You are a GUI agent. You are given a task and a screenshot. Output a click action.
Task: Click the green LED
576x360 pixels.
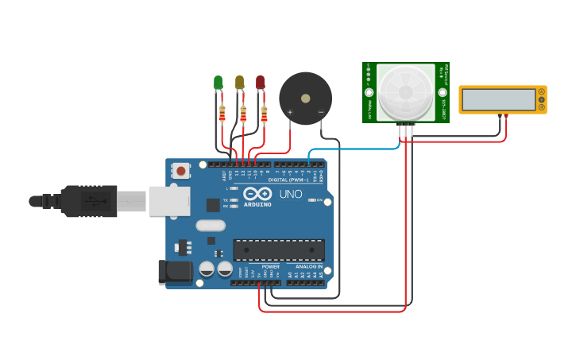tap(218, 82)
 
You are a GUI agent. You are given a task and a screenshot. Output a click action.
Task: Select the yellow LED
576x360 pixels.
tap(239, 82)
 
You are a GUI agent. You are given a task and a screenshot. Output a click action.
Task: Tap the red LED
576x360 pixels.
tap(260, 82)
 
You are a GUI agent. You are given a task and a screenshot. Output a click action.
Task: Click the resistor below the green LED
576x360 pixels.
tap(222, 114)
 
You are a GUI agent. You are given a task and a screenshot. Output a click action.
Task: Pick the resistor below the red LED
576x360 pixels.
tap(264, 114)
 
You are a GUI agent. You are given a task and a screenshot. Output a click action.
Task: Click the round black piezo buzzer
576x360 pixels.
tap(305, 98)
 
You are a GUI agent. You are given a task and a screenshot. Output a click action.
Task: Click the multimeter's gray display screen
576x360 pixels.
tap(499, 99)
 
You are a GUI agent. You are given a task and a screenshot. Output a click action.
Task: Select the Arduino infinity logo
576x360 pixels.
tap(257, 193)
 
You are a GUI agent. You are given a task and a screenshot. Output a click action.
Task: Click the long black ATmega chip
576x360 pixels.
tap(278, 250)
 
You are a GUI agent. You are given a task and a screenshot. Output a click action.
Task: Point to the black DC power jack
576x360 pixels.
tap(176, 272)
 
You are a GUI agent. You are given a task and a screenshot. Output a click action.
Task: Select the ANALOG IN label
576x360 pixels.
tap(308, 266)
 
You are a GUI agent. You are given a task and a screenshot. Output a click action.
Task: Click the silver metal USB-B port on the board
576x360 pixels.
tap(168, 200)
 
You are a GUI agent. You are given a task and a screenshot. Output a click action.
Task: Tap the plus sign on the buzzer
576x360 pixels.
tap(289, 113)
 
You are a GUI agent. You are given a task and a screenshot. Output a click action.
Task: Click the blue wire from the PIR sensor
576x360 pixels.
tap(350, 149)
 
